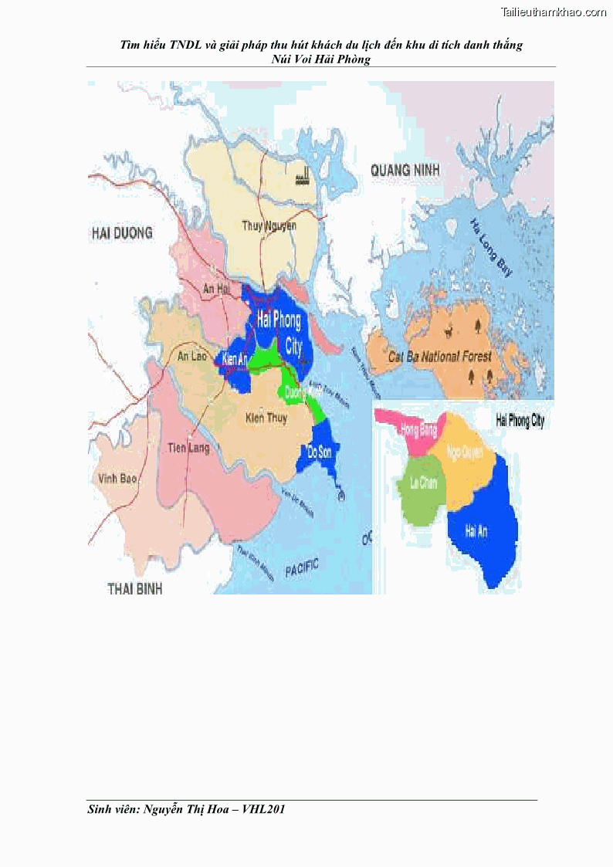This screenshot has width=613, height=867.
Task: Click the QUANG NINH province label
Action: coord(405,170)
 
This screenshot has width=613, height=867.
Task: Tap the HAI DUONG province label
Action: coord(122,232)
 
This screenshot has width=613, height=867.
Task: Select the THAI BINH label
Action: coord(135,588)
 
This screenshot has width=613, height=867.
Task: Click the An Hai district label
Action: coord(217,289)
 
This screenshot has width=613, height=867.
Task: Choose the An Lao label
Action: coord(193,356)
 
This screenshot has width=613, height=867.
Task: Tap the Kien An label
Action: coord(235,360)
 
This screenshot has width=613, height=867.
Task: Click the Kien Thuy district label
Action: coord(266,418)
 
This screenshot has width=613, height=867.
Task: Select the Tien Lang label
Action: coord(188,448)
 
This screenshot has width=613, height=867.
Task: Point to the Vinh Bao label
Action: coord(118,479)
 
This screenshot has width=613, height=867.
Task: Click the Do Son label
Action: coord(319,452)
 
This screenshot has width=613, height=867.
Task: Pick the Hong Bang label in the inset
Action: coord(419,431)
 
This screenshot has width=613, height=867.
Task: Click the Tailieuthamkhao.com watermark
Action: coord(554,12)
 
